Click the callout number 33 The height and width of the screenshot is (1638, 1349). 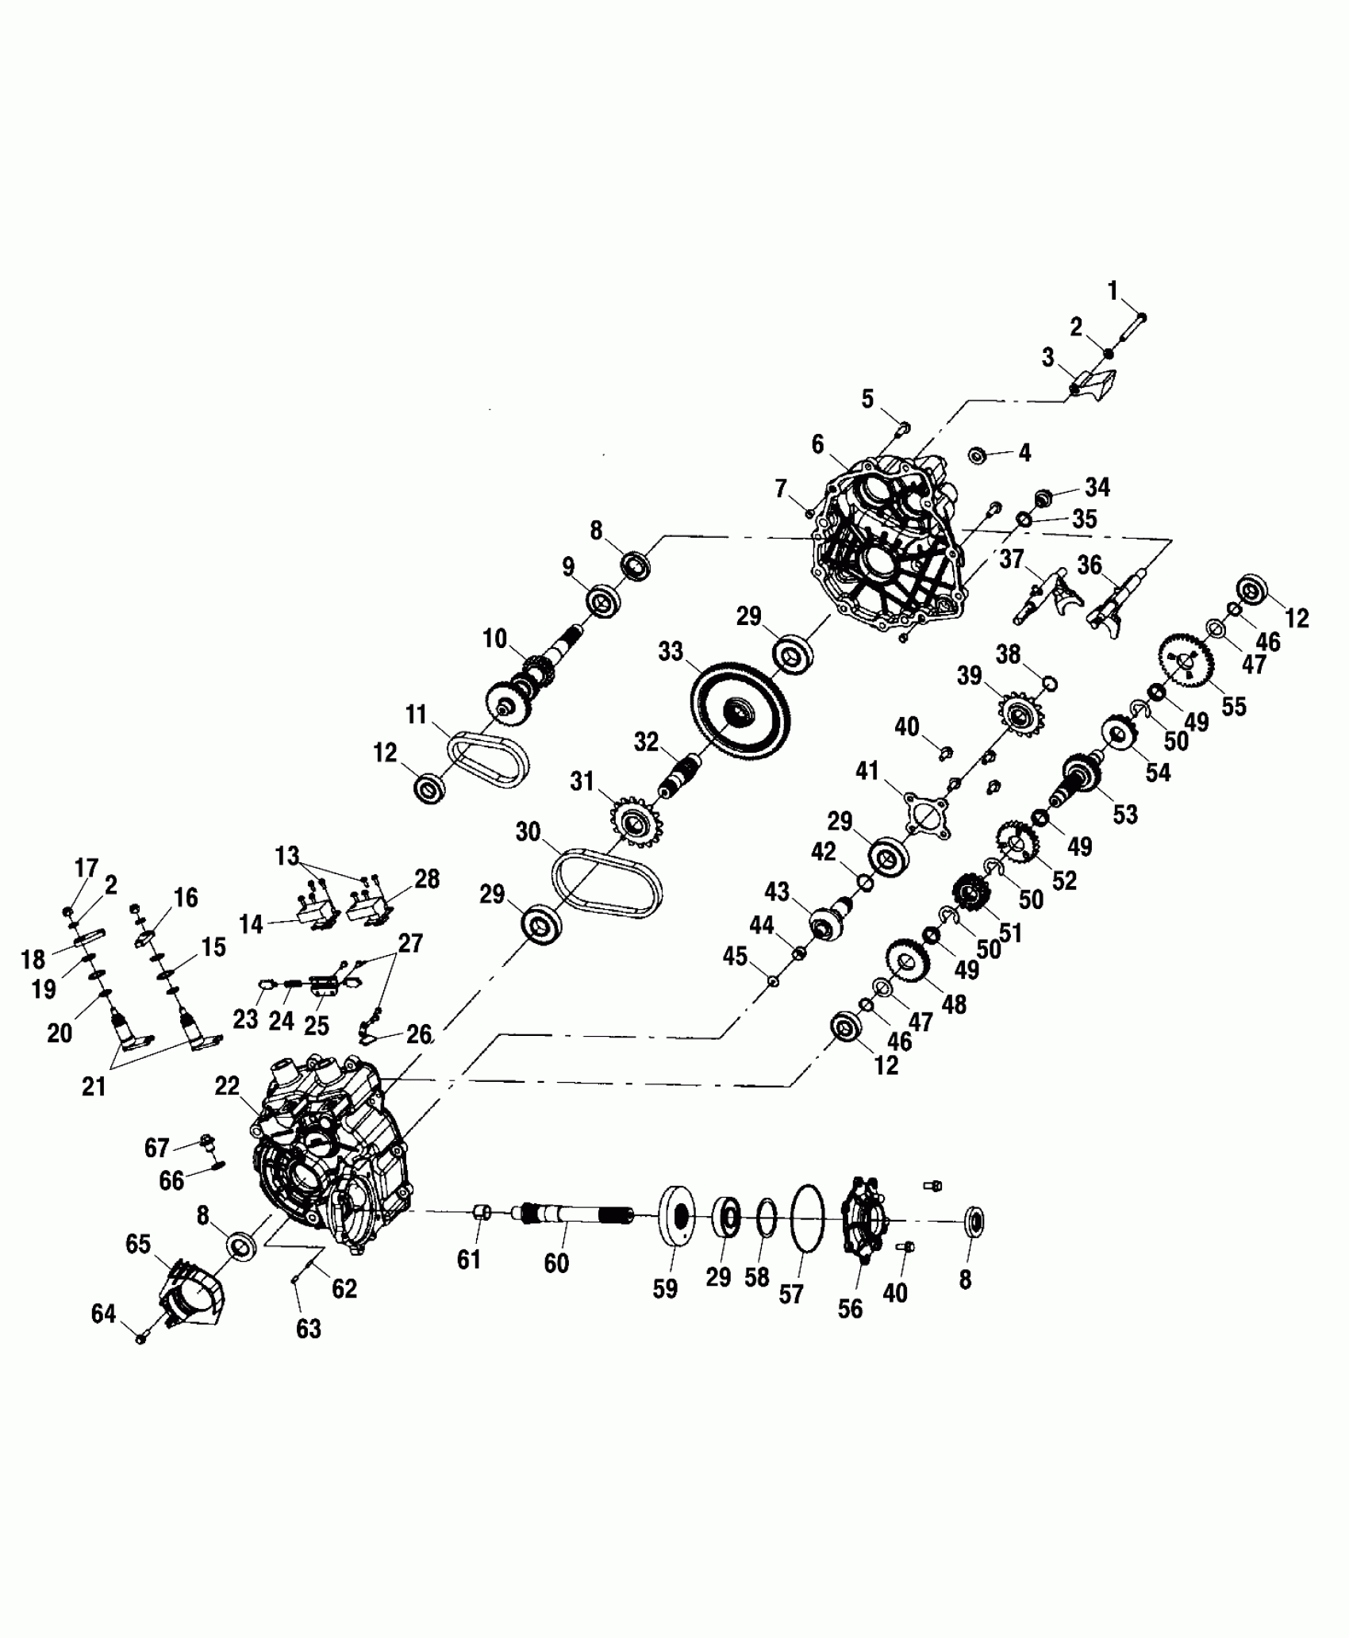click(671, 652)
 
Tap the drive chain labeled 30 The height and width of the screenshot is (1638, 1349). click(607, 882)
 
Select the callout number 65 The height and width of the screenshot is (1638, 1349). click(138, 1244)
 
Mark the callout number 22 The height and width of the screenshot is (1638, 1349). click(227, 1086)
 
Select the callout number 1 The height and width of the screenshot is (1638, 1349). click(1113, 291)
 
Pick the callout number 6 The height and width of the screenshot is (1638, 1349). click(817, 444)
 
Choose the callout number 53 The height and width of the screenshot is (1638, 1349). click(1124, 814)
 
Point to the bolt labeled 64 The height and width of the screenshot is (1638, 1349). click(141, 1338)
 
